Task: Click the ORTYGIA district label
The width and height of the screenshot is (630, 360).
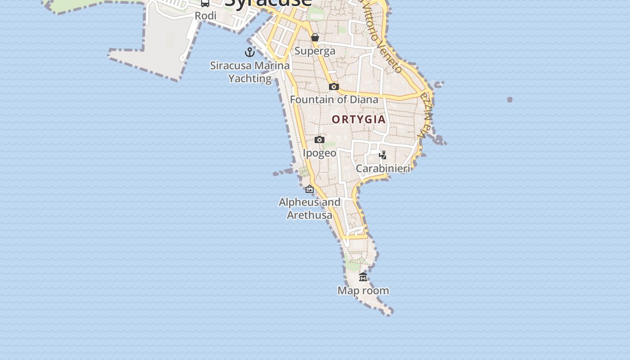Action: [359, 119]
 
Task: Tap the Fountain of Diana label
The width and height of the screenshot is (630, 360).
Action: [334, 99]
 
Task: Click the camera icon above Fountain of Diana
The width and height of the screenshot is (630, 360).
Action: [333, 86]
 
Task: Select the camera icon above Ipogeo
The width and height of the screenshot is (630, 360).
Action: [319, 139]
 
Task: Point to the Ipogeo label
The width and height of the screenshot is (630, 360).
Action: [319, 153]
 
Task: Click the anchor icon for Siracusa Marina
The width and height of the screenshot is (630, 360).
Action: [250, 53]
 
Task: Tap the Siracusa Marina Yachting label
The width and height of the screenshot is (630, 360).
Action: [250, 72]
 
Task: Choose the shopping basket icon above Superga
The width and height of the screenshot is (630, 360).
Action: [315, 37]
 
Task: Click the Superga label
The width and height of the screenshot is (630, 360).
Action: [315, 51]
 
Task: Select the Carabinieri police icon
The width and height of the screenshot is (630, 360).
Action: [382, 155]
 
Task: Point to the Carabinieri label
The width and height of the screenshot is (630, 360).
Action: [383, 169]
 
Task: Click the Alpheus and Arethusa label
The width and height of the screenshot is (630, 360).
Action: [310, 208]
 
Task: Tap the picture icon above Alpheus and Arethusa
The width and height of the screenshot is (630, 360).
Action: [310, 189]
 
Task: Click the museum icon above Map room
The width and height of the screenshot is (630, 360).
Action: [363, 277]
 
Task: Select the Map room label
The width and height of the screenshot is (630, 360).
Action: [363, 291]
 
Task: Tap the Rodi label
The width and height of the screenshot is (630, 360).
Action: [206, 16]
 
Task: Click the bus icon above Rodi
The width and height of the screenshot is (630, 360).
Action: [205, 3]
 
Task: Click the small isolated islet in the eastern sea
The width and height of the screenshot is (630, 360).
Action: [509, 99]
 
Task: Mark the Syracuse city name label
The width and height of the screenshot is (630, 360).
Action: [268, 4]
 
